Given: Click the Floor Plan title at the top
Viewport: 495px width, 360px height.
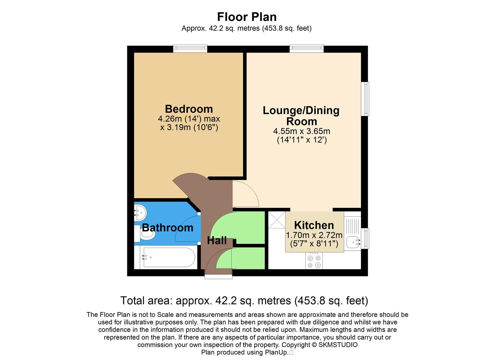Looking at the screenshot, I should coord(247,17).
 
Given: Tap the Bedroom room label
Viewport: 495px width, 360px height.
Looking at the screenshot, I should coord(189,109).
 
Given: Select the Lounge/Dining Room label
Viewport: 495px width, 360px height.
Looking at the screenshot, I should coord(301,116).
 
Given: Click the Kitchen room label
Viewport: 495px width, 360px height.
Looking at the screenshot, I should coord(314,225).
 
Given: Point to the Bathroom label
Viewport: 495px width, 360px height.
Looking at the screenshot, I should coord(167,228).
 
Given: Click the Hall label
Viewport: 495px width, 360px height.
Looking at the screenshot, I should coord(217,240).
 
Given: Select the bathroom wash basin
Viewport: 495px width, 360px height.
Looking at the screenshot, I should coord(140,211).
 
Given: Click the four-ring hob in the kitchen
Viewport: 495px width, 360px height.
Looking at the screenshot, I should coord(314,261).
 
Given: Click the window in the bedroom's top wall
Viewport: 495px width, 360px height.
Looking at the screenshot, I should coord(190,49).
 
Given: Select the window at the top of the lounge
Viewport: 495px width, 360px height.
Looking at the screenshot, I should coord(306,49).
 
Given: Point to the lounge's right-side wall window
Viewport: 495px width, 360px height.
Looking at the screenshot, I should coord(366,99).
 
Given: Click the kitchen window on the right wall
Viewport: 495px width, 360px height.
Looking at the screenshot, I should coord(366,238).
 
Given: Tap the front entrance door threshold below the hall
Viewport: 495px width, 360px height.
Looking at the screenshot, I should coord(218,276).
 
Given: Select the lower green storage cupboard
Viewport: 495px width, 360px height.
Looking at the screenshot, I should coord(248,258).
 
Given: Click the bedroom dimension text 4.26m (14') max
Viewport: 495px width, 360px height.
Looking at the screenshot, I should coord(189,119).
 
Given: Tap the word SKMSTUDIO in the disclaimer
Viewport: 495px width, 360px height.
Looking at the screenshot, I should coord(338,345).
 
